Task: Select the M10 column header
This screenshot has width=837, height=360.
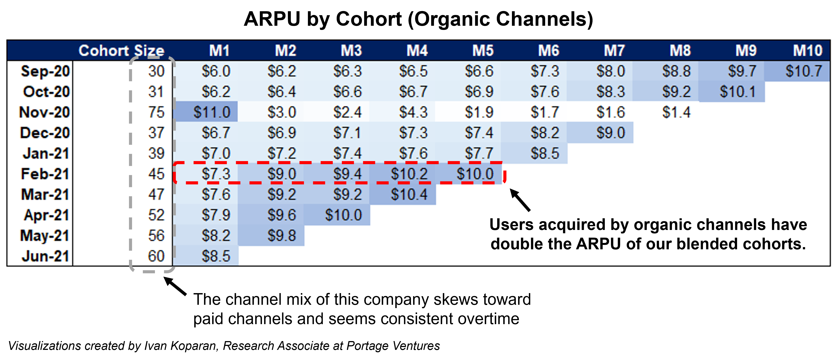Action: tap(808, 51)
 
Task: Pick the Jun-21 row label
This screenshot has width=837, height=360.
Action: tap(46, 256)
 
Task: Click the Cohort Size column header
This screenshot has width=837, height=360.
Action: tap(121, 51)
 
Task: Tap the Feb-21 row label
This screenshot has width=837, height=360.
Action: tap(45, 174)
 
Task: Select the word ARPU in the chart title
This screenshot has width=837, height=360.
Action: tap(272, 19)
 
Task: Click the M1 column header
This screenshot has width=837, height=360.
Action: tap(219, 51)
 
